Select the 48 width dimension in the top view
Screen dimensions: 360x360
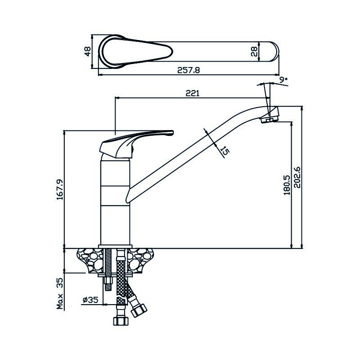[x=88, y=51]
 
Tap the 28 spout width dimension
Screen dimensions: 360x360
[x=254, y=51]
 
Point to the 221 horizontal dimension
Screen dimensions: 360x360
[x=192, y=93]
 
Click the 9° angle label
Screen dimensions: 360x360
[x=283, y=80]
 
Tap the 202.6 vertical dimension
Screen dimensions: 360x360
[x=296, y=178]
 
